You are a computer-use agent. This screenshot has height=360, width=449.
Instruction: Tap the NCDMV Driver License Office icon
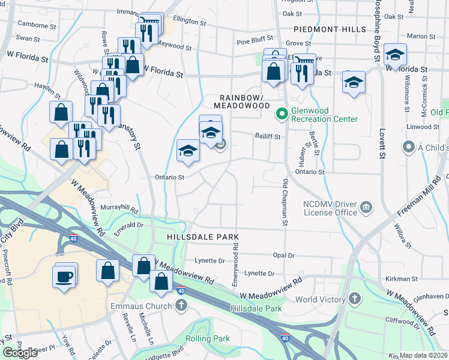(366, 208)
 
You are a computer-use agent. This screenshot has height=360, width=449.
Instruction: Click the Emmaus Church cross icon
(181, 306)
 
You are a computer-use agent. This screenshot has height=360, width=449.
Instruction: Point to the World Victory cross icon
(355, 299)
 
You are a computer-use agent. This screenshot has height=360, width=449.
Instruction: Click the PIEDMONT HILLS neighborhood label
(330, 29)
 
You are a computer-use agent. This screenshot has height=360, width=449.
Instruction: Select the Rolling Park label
(208, 338)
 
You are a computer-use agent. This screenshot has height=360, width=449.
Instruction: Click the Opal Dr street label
(283, 255)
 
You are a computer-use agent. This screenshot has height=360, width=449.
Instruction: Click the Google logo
(20, 353)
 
